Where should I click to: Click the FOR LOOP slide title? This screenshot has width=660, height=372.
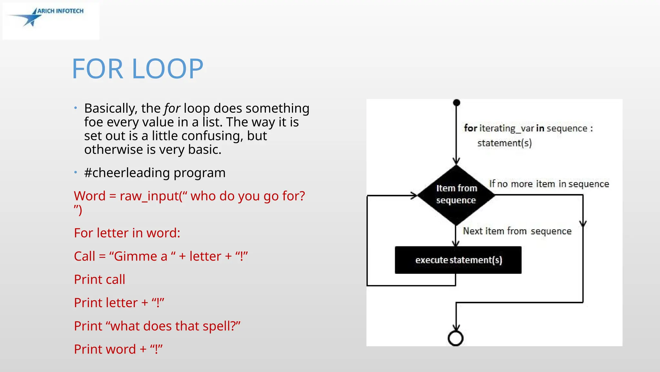tap(138, 69)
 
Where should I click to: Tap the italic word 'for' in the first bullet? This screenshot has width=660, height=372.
tap(172, 108)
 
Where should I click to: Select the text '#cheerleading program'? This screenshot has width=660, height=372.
tap(155, 173)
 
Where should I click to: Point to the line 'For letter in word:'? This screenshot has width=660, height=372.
tap(127, 233)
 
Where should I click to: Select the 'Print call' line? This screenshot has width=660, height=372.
tap(100, 280)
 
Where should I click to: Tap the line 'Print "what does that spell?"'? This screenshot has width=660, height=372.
tap(157, 326)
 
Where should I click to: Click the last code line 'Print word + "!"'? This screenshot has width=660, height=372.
tap(118, 349)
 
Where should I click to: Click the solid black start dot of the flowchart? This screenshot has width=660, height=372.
tap(456, 103)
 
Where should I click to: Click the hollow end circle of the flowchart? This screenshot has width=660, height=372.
tap(456, 338)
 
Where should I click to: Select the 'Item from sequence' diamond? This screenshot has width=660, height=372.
tap(456, 195)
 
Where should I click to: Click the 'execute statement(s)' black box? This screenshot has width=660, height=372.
tap(458, 260)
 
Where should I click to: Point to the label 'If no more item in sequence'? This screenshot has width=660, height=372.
tap(549, 184)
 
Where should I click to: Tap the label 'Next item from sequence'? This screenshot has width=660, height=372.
tap(517, 231)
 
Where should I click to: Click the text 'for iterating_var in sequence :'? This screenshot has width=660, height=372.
tap(528, 129)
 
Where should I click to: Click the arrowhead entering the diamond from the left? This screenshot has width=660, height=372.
tap(414, 195)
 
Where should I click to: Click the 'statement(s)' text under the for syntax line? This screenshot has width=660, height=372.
tap(504, 143)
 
